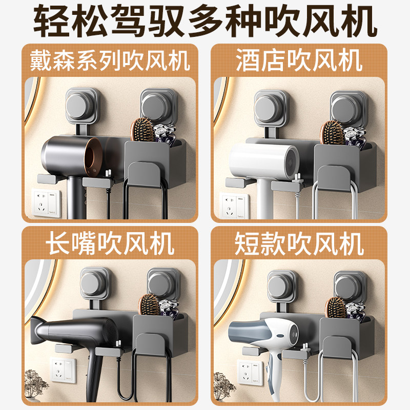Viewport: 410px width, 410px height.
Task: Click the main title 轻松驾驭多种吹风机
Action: click(x=205, y=22)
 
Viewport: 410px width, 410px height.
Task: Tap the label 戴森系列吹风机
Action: click(x=110, y=61)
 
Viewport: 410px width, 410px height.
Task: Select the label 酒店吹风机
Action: click(x=299, y=61)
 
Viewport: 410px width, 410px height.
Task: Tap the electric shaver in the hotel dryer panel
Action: click(x=353, y=136)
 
